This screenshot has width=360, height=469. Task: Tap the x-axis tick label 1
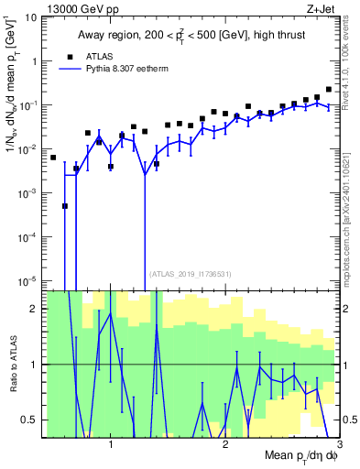pyautogui.click(x=111, y=444)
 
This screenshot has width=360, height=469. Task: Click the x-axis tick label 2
pyautogui.click(x=225, y=444)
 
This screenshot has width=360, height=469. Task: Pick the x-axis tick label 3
pyautogui.click(x=338, y=444)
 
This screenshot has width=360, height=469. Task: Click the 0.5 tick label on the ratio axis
pyautogui.click(x=31, y=420)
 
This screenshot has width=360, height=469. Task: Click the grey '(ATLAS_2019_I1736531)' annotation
pyautogui.click(x=191, y=273)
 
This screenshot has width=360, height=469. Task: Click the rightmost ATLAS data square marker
pyautogui.click(x=329, y=89)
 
